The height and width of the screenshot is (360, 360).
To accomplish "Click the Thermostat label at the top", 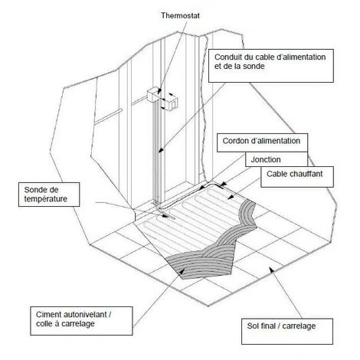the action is coord(180,15).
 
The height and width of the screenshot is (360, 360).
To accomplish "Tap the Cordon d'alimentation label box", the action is coord(262,142).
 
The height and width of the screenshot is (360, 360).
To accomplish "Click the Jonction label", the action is coord(266,160).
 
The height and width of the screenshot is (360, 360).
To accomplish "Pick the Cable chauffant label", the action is coord(294,174).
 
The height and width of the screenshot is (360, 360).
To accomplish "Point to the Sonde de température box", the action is coord(49,195).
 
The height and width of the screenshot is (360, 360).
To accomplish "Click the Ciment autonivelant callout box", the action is coord(81,321).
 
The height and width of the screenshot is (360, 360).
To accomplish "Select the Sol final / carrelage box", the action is coord(287,331).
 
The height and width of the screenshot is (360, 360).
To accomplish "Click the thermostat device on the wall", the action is coord(170,103).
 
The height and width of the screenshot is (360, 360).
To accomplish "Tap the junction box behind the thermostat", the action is coord(154,94).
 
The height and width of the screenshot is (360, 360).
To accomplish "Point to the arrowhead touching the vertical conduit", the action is coord(160,151).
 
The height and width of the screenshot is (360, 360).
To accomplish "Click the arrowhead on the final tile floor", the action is coord(271,269).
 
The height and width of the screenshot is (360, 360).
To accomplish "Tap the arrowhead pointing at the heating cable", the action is coord(231,197).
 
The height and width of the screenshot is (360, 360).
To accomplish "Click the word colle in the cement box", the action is coord(45,324).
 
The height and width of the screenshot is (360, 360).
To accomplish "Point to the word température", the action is coord(46,199).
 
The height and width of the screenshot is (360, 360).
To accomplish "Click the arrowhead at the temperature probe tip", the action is coord(165,216).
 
